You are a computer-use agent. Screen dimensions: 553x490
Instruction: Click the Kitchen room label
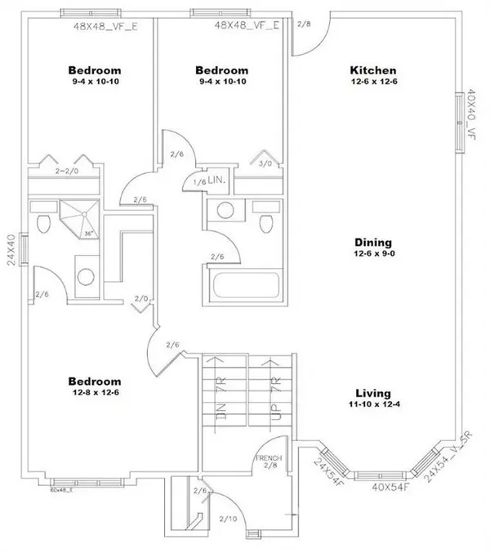tap(373, 71)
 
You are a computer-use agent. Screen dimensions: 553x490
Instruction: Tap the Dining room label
tap(373, 243)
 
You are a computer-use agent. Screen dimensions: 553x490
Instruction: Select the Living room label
tap(373, 392)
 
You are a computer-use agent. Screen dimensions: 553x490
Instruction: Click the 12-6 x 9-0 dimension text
tap(373, 255)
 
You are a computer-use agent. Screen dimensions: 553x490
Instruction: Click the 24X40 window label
tap(11, 252)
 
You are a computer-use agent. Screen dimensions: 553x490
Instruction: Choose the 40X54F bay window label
tap(390, 487)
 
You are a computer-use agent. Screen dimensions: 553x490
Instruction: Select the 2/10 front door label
tap(228, 518)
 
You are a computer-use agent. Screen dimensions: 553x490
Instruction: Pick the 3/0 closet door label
tap(266, 163)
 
